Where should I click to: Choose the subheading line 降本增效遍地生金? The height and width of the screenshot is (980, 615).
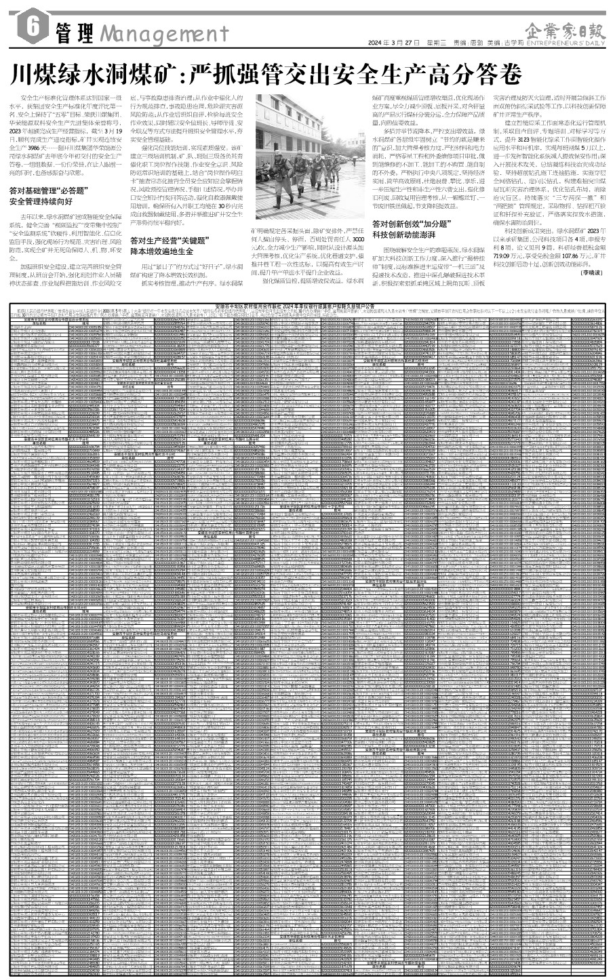tap(166, 251)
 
